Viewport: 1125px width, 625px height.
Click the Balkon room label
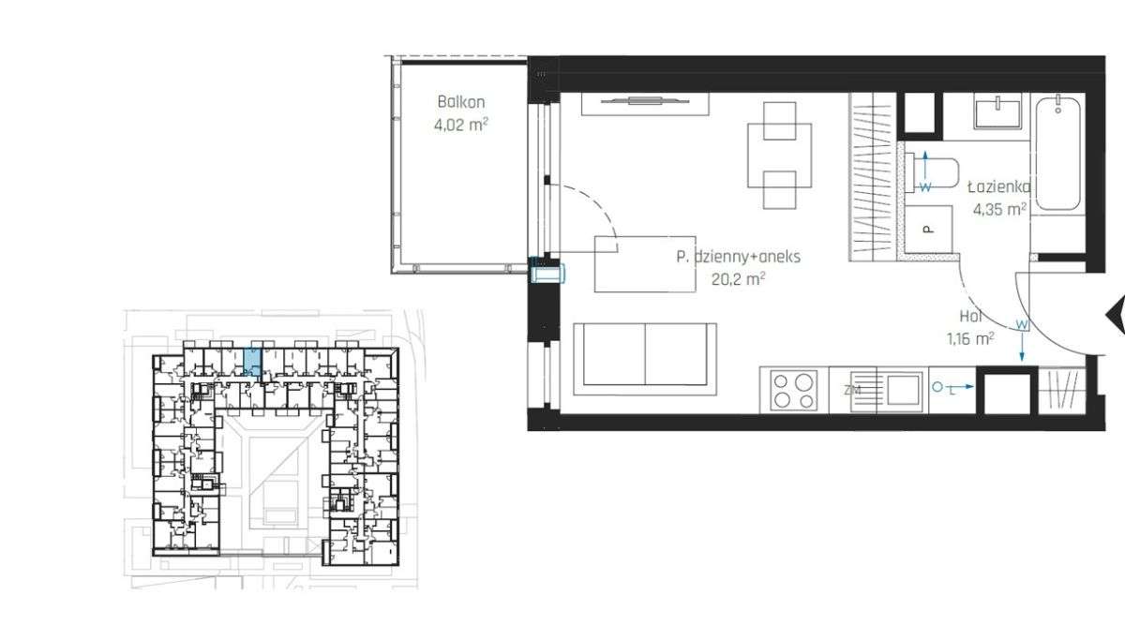click(x=461, y=102)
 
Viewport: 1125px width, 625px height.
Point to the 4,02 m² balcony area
click(x=461, y=124)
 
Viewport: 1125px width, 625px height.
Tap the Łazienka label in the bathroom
click(x=999, y=186)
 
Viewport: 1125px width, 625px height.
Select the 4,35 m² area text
click(x=999, y=209)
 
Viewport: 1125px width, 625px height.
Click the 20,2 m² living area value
click(x=739, y=277)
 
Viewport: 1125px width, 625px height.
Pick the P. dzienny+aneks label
click(x=738, y=256)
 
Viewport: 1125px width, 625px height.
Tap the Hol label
click(x=970, y=317)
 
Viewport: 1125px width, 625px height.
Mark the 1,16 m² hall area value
click(x=970, y=338)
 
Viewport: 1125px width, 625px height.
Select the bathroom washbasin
click(x=999, y=112)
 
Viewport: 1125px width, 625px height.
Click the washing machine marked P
click(x=928, y=228)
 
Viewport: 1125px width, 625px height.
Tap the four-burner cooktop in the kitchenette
click(x=793, y=389)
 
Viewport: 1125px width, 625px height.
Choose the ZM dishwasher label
click(x=852, y=390)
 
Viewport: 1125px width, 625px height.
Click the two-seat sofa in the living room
click(x=644, y=354)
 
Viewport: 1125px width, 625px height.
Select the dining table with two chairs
click(x=779, y=156)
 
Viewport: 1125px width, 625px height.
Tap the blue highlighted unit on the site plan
click(x=252, y=361)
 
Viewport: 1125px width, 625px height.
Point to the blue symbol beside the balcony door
click(x=547, y=273)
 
